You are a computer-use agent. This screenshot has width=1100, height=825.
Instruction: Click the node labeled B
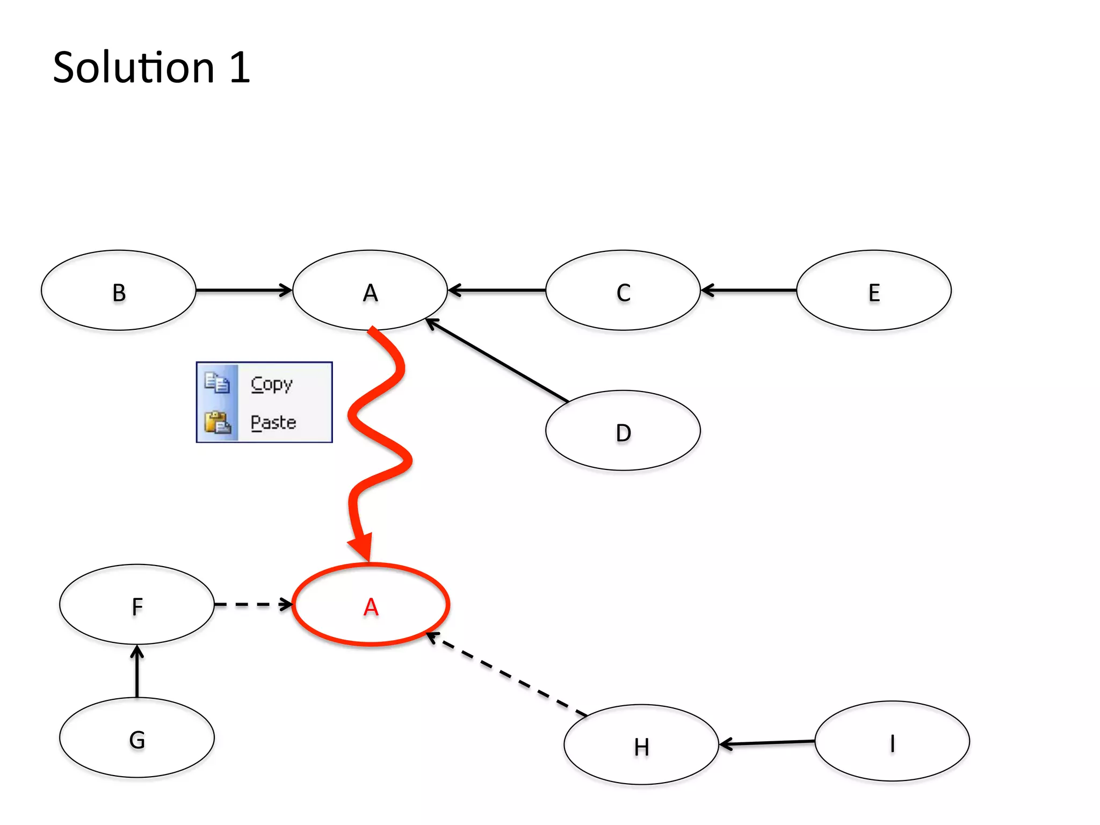tap(119, 291)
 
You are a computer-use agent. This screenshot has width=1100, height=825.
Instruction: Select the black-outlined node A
tap(370, 291)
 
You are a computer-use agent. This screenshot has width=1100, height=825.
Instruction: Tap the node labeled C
tap(623, 291)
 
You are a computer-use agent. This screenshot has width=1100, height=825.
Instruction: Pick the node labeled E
tap(874, 291)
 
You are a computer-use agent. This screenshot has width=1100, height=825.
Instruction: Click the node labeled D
tap(623, 431)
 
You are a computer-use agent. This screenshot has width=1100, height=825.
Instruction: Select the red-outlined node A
tap(371, 605)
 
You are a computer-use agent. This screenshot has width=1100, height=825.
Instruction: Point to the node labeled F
tap(137, 605)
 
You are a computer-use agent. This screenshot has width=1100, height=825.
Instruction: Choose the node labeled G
tap(137, 738)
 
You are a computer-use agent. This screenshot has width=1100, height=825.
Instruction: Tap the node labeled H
tap(641, 745)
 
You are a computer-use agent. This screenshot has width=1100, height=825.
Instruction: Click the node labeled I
tap(892, 742)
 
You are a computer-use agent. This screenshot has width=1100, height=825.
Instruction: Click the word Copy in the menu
tap(272, 383)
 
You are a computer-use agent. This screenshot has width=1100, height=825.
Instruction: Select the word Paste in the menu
tap(273, 422)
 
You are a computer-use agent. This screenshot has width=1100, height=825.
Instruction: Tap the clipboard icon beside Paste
tap(218, 422)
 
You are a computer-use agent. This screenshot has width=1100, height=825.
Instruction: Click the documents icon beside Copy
tap(217, 383)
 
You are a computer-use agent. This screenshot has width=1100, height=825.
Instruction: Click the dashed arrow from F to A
tap(252, 605)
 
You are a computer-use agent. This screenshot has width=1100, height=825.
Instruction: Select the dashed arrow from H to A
tap(508, 675)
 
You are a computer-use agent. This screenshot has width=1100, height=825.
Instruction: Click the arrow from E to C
tap(749, 291)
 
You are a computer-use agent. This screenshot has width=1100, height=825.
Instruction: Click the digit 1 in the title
tap(240, 68)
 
